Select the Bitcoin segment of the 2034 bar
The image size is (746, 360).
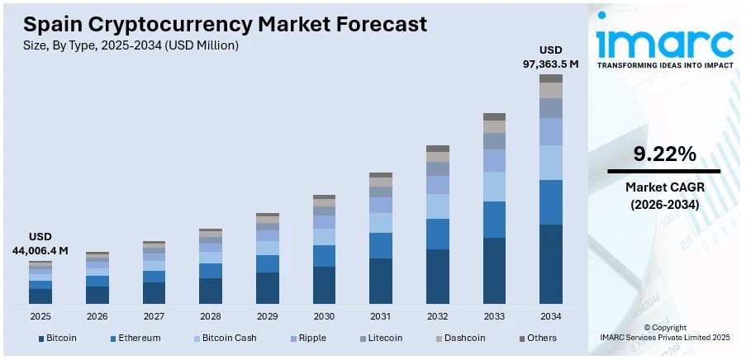coord(550,263)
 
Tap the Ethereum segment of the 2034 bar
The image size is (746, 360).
coord(550,202)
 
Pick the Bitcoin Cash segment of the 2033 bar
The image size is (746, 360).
coord(494,186)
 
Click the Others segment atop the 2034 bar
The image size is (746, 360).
coord(550,78)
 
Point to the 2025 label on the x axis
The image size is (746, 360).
coord(40,316)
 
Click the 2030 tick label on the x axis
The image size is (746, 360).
coord(324,316)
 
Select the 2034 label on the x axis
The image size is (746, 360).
coord(550,316)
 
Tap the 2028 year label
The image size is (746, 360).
coord(211,316)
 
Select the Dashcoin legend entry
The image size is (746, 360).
coord(464,338)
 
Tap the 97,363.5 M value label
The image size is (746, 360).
coord(550,64)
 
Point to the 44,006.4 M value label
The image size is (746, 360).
coord(40,249)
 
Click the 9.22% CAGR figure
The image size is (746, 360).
coord(664,154)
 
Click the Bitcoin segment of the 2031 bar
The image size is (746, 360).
coord(381,281)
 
